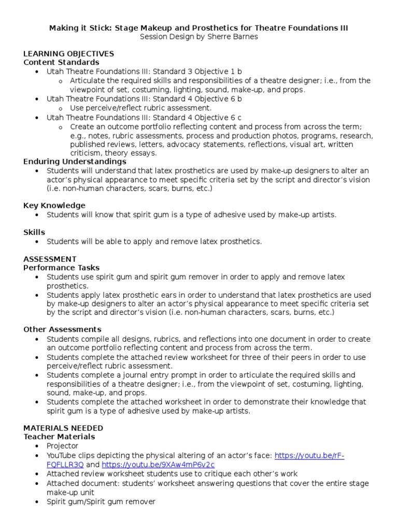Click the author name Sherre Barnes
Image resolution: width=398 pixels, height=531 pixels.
pos(231,37)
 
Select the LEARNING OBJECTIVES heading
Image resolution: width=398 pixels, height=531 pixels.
pos(68,54)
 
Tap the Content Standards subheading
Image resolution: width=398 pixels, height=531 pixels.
pos(61,62)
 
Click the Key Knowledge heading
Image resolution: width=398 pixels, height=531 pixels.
pos(54,205)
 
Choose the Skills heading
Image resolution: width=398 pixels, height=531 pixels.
pos(34,232)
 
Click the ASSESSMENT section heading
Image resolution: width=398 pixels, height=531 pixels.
pos(50,259)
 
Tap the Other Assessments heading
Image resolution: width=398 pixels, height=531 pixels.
pos(62,329)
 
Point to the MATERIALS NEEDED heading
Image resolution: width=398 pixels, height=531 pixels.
pos(63,428)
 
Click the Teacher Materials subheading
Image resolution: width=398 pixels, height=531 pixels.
pos(59,437)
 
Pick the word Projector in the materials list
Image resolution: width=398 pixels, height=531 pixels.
pos(62,446)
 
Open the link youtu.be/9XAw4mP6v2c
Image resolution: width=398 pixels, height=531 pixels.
pos(158,465)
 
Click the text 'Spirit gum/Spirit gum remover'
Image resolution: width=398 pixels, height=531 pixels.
pos(101,501)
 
